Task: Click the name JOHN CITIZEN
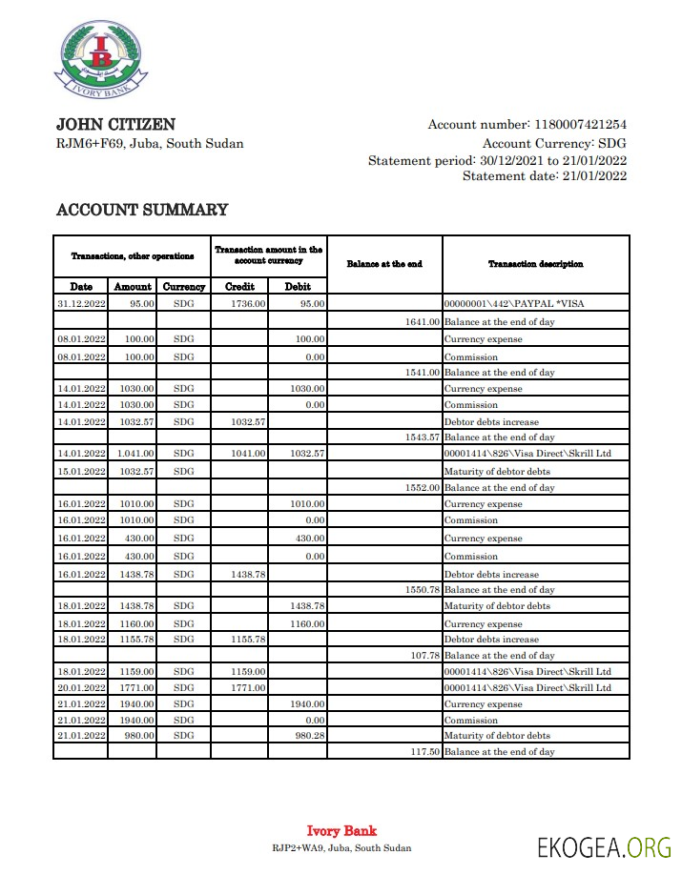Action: click(115, 124)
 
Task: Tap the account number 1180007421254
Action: click(580, 125)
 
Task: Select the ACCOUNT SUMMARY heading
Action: click(142, 210)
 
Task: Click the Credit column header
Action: click(239, 286)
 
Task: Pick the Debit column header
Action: click(298, 286)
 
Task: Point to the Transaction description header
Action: click(535, 264)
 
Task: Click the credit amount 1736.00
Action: click(247, 304)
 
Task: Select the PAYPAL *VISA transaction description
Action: click(514, 304)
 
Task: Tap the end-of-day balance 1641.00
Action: click(423, 321)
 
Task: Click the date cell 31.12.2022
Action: click(81, 304)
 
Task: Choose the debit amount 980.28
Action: click(307, 736)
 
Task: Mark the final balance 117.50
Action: click(423, 752)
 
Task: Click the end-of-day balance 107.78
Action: click(423, 656)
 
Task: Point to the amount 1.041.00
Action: click(134, 454)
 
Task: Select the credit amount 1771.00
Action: click(247, 687)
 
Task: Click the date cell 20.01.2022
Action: click(81, 687)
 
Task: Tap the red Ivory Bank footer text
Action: click(341, 831)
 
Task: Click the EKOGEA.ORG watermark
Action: click(604, 846)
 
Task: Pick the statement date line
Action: click(545, 176)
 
